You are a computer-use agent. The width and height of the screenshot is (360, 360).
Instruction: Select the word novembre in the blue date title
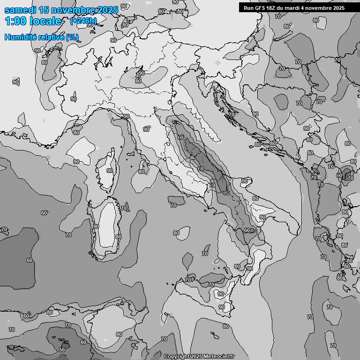click(x=71, y=10)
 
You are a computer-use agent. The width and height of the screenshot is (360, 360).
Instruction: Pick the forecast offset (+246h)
click(x=83, y=21)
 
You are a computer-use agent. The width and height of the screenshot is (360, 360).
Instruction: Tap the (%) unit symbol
click(x=72, y=37)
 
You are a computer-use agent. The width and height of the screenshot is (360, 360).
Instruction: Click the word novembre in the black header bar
click(x=321, y=8)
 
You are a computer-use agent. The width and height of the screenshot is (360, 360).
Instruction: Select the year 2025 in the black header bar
click(x=339, y=8)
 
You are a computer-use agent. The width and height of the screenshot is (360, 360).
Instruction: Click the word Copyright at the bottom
click(x=176, y=356)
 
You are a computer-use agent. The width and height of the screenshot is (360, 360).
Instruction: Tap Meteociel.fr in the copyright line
click(x=218, y=356)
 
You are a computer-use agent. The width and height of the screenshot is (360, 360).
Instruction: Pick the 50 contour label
click(x=62, y=350)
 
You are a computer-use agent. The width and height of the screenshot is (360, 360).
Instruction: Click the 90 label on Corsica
click(x=110, y=171)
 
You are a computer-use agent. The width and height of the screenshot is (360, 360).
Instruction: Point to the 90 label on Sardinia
click(x=96, y=226)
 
